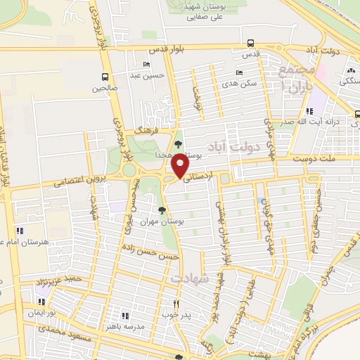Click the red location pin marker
pos(181,165)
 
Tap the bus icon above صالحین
pos(105,77)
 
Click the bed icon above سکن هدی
pos(240,73)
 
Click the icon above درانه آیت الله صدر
pos(309,110)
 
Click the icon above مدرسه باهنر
pos(125,316)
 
